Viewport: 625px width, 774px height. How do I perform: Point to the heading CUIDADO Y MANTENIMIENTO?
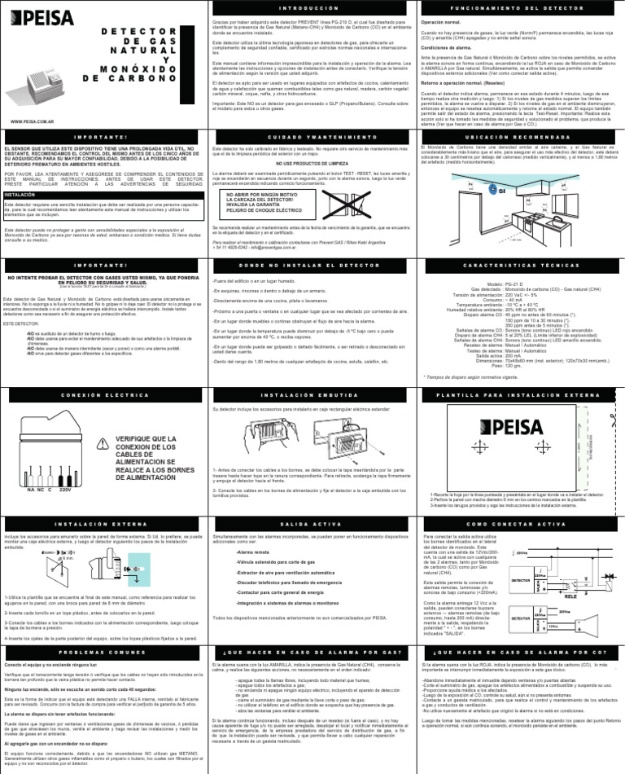click(x=312, y=136)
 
